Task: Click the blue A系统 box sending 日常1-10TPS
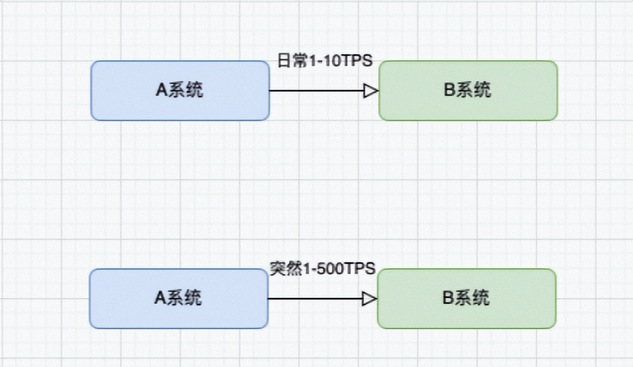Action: [180, 90]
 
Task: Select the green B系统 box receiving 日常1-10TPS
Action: [468, 90]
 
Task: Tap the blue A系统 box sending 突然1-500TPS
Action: [179, 298]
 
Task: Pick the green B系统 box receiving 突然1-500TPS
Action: [467, 298]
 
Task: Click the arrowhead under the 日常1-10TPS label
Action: [371, 91]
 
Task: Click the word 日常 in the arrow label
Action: [291, 61]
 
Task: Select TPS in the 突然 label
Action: [362, 268]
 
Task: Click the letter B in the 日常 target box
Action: [449, 90]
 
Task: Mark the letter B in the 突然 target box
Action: [448, 298]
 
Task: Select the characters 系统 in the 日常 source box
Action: [186, 90]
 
